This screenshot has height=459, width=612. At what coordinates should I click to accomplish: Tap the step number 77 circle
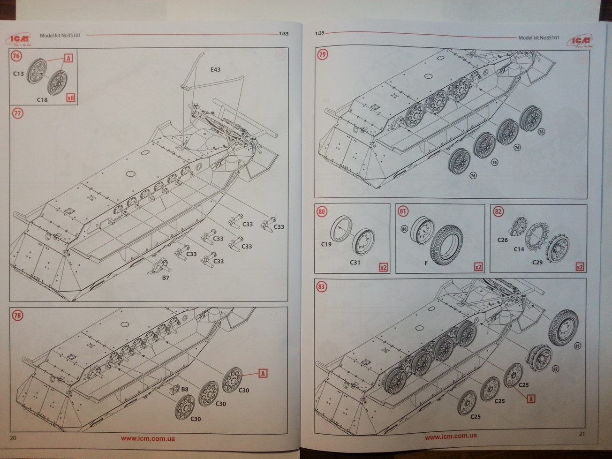coord(17,113)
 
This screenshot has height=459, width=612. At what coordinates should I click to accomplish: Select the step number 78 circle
coord(17,316)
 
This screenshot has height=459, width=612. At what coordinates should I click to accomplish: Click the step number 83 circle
coord(322,287)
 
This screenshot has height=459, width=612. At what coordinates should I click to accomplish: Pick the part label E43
coord(215,69)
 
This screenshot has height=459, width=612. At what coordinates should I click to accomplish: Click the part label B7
coord(166,278)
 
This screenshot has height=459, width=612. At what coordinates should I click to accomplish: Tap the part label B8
coord(184,389)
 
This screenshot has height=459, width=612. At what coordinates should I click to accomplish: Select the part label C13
coord(18,73)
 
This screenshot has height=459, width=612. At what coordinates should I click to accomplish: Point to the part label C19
coord(326,244)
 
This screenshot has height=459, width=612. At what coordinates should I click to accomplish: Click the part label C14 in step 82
coord(518,249)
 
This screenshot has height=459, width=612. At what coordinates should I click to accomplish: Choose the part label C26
coord(502,240)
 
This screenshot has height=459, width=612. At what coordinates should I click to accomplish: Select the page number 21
coord(582,434)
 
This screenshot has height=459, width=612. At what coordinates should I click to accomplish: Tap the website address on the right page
coord(451,436)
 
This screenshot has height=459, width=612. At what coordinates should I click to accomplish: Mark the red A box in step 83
coord(531,399)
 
